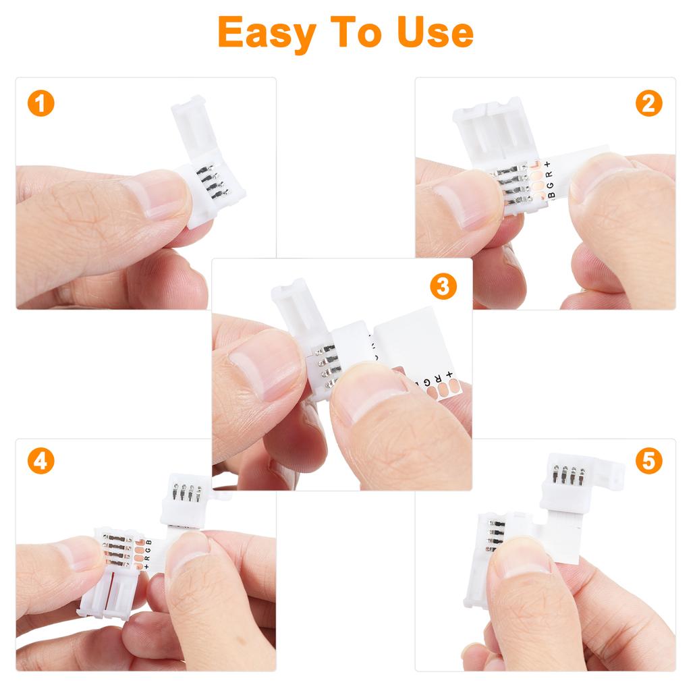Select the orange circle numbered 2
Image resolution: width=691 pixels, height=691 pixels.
pyautogui.click(x=648, y=104)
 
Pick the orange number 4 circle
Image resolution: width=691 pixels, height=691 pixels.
pyautogui.click(x=40, y=462)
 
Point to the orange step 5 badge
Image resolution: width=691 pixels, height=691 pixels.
pyautogui.click(x=648, y=462)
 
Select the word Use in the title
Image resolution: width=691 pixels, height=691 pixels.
pyautogui.click(x=435, y=32)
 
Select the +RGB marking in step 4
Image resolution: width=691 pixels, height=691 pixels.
pyautogui.click(x=146, y=553)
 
